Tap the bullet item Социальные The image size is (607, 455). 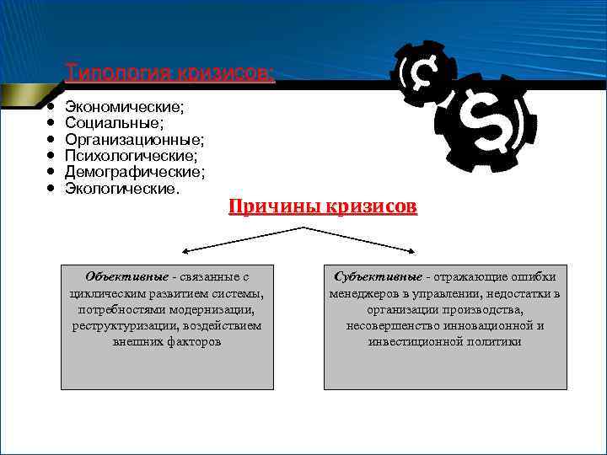point(115,124)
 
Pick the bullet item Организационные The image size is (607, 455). point(134,140)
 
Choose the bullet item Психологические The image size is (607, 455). point(132,156)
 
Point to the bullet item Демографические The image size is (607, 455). point(134,172)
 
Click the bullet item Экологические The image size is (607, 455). point(122,188)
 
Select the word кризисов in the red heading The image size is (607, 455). point(371,207)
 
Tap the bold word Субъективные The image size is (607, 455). point(378,276)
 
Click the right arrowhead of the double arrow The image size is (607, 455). point(412,251)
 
